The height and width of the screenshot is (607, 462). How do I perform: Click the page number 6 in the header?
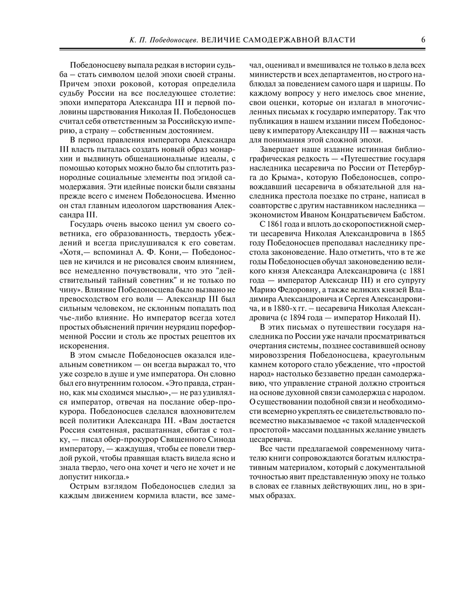[x=423, y=40]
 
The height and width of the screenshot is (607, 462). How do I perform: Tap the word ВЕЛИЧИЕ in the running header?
[x=221, y=40]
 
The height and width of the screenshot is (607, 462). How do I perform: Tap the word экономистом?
[x=274, y=215]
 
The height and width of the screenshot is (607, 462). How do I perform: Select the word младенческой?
[x=399, y=421]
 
